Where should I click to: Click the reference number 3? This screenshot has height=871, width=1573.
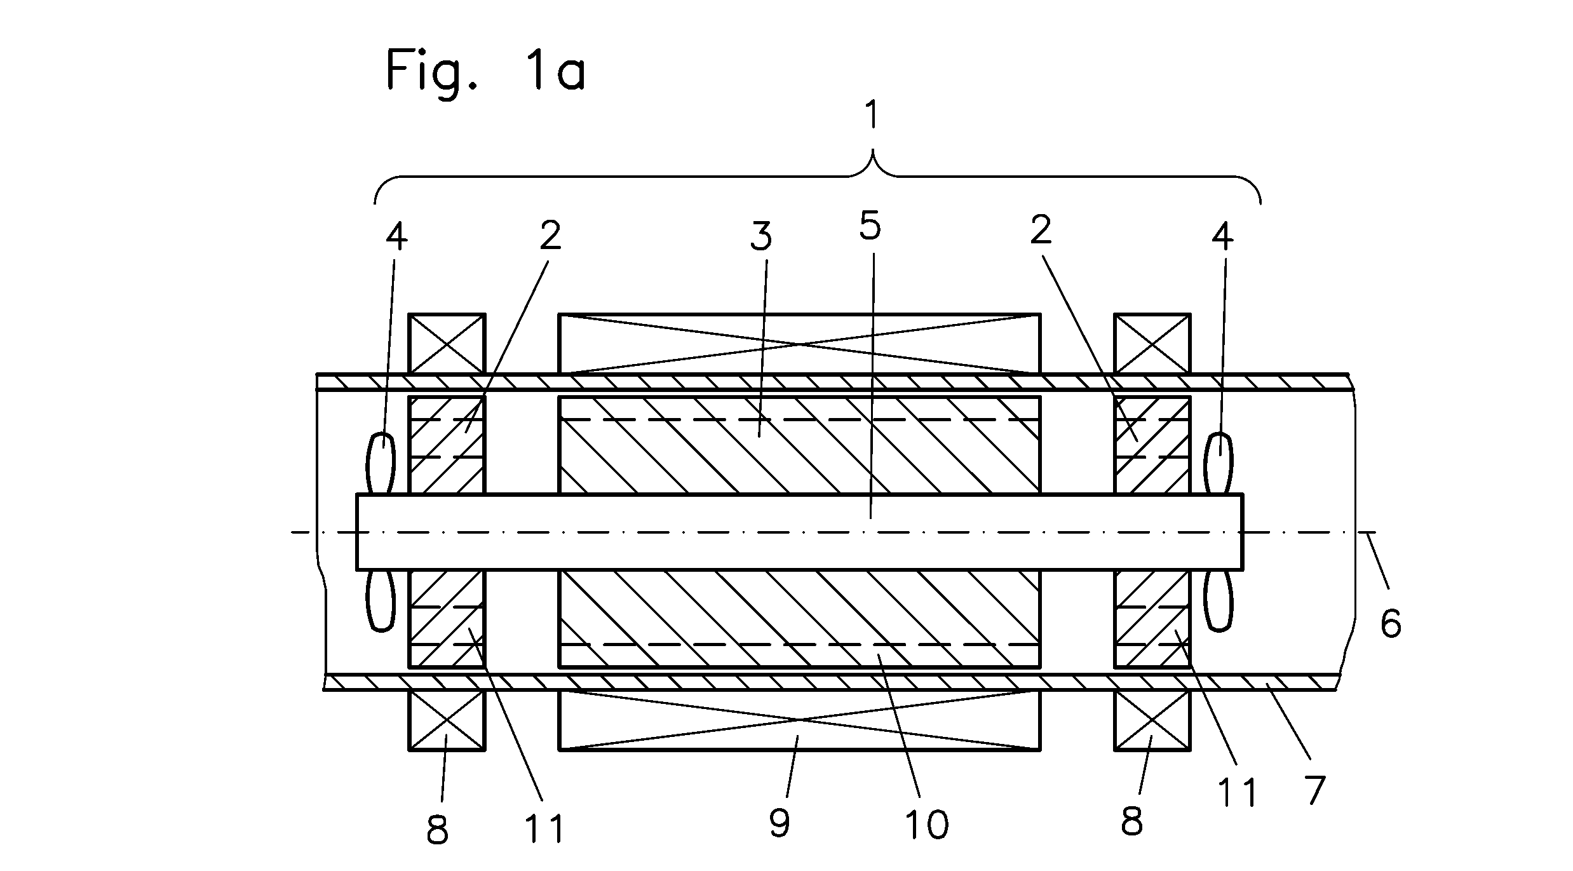tap(762, 236)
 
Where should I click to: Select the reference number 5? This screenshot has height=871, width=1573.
tap(870, 226)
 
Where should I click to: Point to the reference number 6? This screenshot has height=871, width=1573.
tap(1391, 623)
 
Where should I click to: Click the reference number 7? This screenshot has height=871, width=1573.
tap(1314, 790)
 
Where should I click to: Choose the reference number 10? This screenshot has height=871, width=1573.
tap(928, 824)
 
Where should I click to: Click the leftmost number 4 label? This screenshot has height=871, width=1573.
tap(396, 236)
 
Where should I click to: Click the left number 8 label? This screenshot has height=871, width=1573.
tap(437, 830)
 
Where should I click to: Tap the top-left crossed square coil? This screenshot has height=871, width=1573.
tap(447, 344)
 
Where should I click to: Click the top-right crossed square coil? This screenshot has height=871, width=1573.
tap(1152, 344)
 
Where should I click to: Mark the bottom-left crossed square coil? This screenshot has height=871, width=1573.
tap(447, 720)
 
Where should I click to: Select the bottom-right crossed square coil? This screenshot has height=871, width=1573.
tap(1152, 720)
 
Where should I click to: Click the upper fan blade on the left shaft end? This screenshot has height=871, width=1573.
tap(381, 463)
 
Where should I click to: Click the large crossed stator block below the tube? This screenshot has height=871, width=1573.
tap(799, 720)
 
